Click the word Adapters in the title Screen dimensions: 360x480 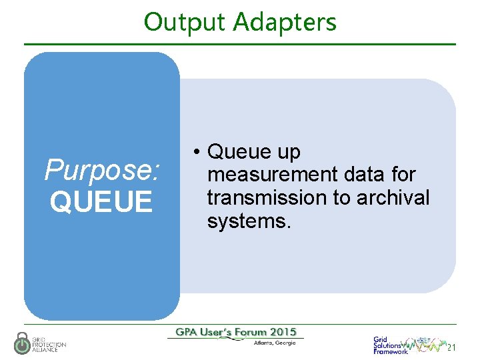[x=285, y=22]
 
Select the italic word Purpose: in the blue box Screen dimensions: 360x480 [x=102, y=170]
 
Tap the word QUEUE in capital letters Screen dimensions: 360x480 [x=101, y=201]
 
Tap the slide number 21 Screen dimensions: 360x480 [x=451, y=347]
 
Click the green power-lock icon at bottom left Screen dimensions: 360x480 [x=23, y=343]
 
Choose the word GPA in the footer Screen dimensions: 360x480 [x=187, y=332]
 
